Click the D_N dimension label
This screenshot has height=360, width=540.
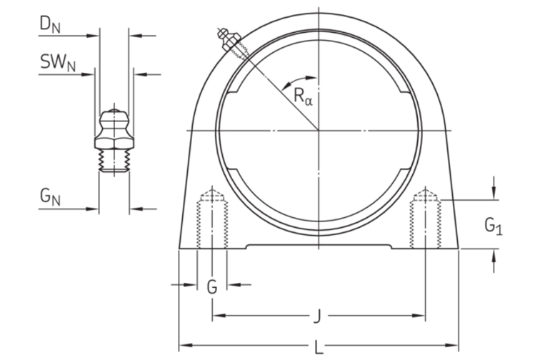pyautogui.click(x=50, y=24)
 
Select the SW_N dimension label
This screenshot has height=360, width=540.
pyautogui.click(x=58, y=63)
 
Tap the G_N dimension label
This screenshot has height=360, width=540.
pyautogui.click(x=50, y=197)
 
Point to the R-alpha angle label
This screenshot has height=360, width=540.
pyautogui.click(x=304, y=96)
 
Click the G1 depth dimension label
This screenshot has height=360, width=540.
pyautogui.click(x=494, y=226)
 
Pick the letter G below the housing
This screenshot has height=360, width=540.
pyautogui.click(x=212, y=286)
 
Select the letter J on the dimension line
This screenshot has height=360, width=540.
pyautogui.click(x=317, y=316)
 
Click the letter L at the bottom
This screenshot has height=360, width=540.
pyautogui.click(x=319, y=346)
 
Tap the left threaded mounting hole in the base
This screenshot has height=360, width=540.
pyautogui.click(x=212, y=219)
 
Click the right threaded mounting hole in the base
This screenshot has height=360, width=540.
pyautogui.click(x=425, y=219)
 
